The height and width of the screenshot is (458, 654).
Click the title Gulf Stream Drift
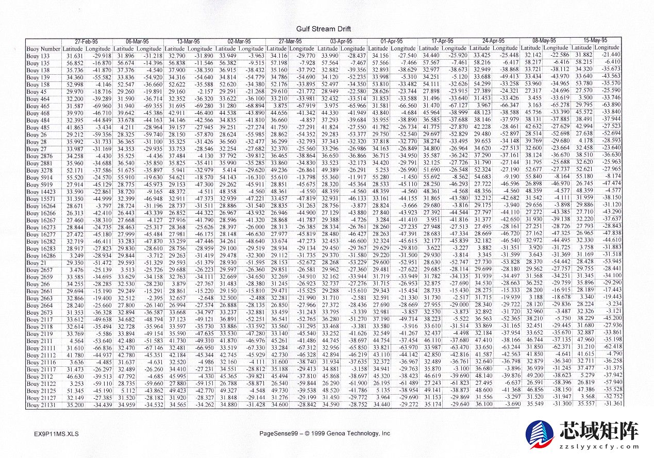pos(323,29)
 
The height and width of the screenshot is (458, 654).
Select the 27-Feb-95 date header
pos(87,41)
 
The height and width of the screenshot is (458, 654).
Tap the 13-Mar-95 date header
pos(189,41)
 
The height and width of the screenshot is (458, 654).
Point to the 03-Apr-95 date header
pos(341,41)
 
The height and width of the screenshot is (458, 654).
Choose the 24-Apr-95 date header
pos(493,41)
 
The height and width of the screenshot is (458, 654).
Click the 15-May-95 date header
pos(595,40)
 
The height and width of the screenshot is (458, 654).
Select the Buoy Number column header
pos(43,49)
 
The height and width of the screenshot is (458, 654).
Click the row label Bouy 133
pos(38,56)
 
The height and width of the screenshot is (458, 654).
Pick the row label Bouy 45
pos(37,92)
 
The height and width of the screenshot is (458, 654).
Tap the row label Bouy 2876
pos(40,156)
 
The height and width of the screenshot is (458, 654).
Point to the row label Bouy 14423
pos(41,191)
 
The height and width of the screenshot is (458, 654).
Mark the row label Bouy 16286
pos(41,256)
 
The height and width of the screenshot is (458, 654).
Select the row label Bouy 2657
pos(39,270)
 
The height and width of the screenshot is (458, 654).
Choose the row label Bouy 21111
pos(41,349)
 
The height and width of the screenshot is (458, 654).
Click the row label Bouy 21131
pos(41,405)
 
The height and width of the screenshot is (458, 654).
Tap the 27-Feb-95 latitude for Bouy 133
pos(75,56)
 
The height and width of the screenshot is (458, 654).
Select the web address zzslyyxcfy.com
pos(598,447)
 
